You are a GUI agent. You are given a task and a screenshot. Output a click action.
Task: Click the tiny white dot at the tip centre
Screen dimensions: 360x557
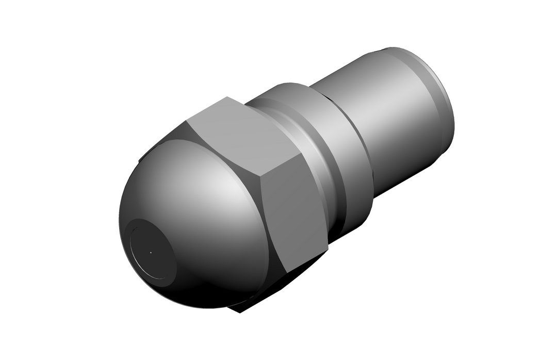(151, 253)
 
